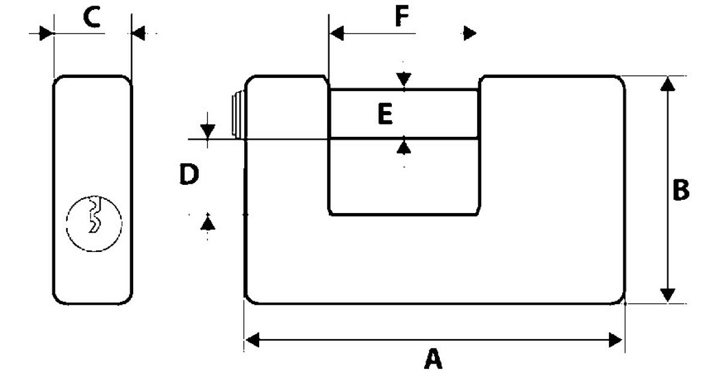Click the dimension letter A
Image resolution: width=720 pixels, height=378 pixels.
pyautogui.click(x=433, y=359)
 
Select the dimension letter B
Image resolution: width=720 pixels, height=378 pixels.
pyautogui.click(x=681, y=190)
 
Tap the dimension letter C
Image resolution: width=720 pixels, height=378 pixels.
pyautogui.click(x=92, y=17)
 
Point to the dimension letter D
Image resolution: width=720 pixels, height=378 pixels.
pyautogui.click(x=189, y=174)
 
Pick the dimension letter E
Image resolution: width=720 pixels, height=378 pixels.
pyautogui.click(x=385, y=114)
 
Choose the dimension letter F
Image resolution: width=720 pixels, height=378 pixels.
pyautogui.click(x=402, y=16)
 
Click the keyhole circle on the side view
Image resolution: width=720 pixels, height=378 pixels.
pyautogui.click(x=94, y=223)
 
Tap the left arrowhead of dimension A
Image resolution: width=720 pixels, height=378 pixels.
pyautogui.click(x=253, y=340)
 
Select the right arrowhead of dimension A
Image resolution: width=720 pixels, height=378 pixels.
pyautogui.click(x=616, y=340)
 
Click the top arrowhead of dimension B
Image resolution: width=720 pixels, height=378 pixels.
pyautogui.click(x=668, y=84)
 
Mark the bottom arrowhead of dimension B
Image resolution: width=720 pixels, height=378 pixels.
pyautogui.click(x=668, y=295)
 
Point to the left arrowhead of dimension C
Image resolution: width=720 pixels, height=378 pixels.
pyautogui.click(x=46, y=33)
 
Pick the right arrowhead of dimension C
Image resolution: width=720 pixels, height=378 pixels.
pyautogui.click(x=139, y=33)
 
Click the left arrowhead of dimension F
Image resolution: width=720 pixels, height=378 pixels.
pyautogui.click(x=337, y=33)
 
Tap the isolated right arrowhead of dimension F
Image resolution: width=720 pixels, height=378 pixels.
pyautogui.click(x=470, y=33)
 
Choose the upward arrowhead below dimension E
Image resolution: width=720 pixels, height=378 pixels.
pyautogui.click(x=404, y=148)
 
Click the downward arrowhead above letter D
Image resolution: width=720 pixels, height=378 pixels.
pyautogui.click(x=208, y=131)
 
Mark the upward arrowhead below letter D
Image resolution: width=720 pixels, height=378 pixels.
pyautogui.click(x=208, y=223)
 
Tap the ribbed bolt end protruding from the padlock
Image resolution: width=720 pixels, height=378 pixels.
pyautogui.click(x=238, y=114)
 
